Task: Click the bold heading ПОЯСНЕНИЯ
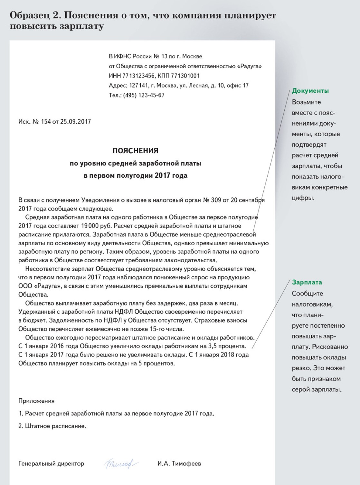135,151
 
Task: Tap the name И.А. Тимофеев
179,463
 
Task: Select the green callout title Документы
310,91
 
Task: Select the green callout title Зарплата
307,282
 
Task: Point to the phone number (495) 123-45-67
144,95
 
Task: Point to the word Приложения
36,401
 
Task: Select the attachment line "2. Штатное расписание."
52,426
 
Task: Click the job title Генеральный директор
51,464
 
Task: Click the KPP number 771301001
185,76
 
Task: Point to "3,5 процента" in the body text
227,346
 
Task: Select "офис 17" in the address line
238,86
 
